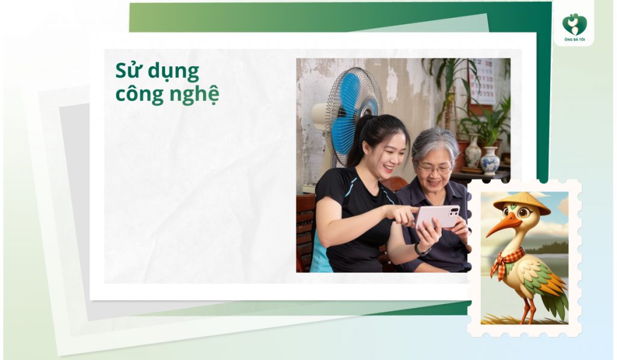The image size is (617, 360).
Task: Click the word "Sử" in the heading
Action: coord(127,71)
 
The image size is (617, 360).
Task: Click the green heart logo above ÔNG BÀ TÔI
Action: coord(574,24)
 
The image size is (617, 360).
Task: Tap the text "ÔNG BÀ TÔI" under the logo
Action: coord(574,40)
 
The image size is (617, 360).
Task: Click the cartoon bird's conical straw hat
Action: coord(522,201)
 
